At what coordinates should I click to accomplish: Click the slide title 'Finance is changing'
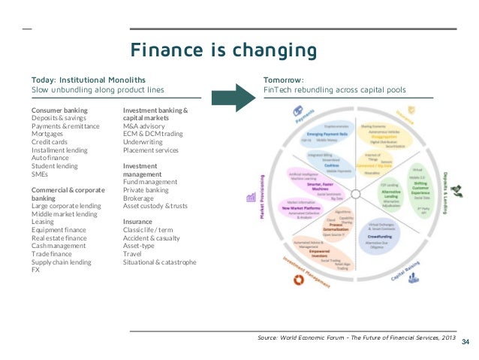[x=223, y=50]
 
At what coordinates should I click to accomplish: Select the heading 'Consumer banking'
[x=59, y=110]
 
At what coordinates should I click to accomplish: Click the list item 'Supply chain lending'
[x=61, y=262]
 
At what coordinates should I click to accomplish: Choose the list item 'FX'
[x=35, y=270]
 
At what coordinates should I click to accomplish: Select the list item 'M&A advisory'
[x=144, y=126]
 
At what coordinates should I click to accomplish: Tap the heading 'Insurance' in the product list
[x=139, y=222]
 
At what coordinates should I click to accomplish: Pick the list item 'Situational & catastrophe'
[x=160, y=262]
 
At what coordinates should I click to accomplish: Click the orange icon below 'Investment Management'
[x=297, y=280]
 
